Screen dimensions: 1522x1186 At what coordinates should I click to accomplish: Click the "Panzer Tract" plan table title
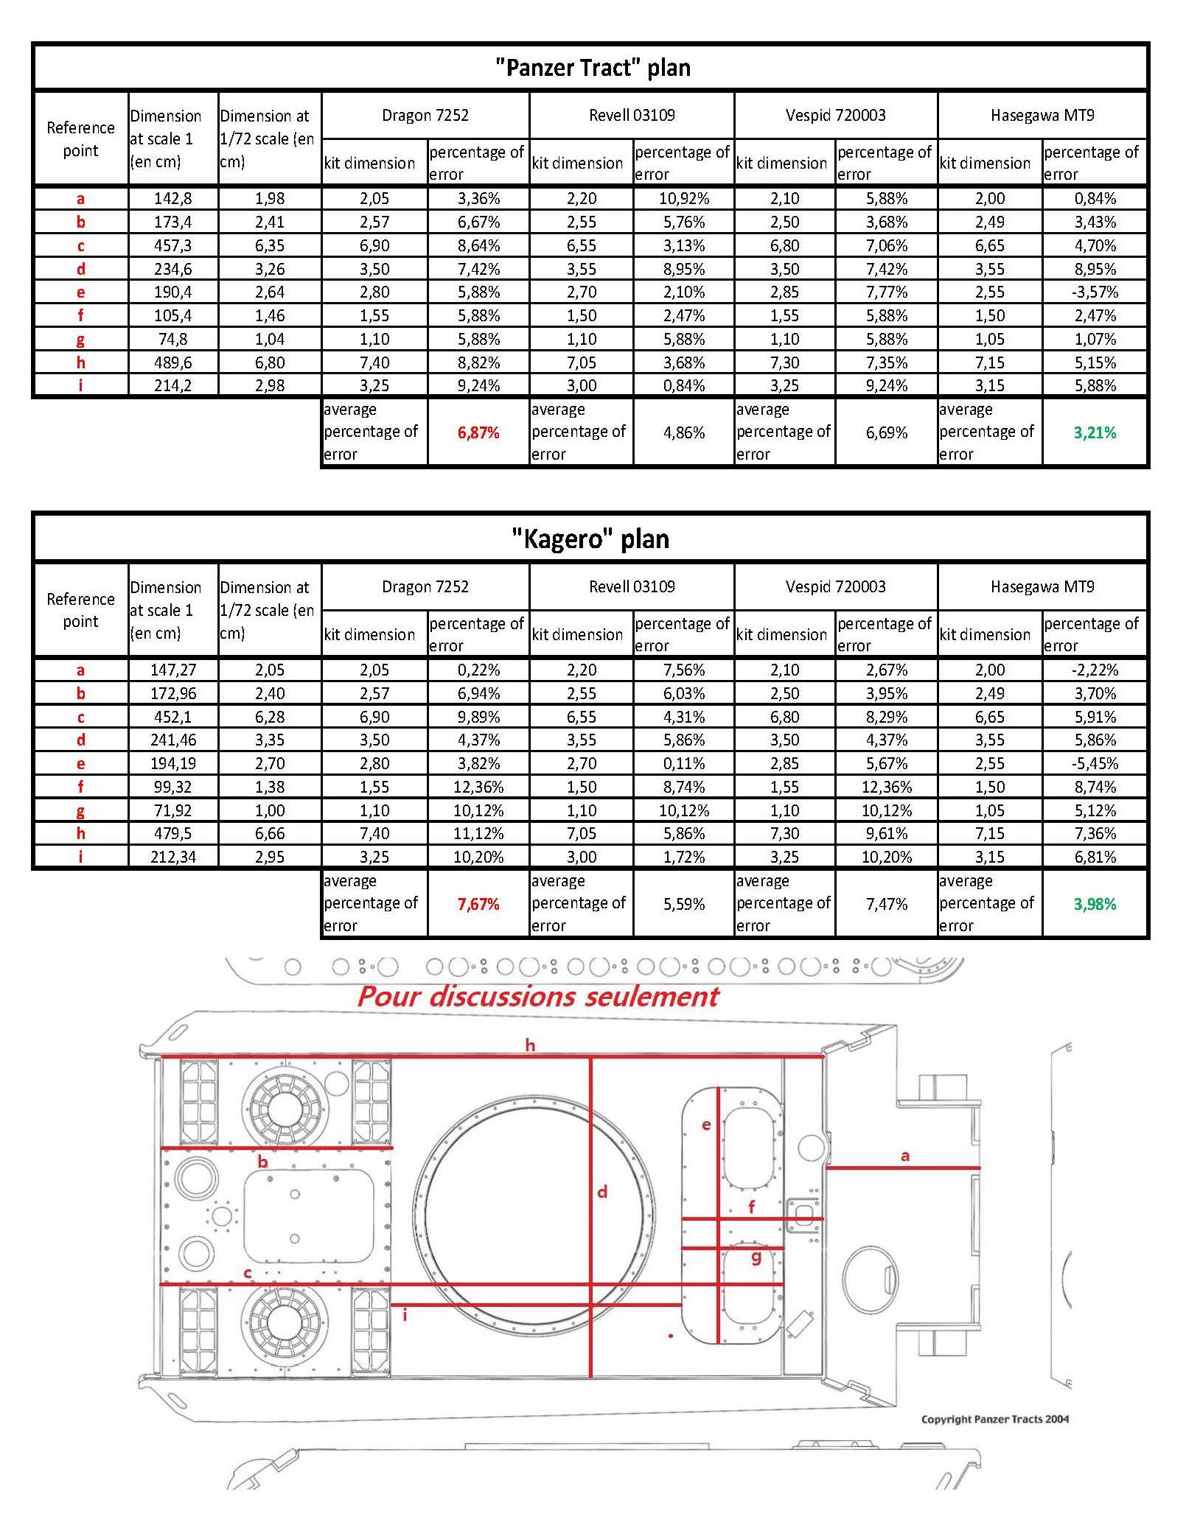593,68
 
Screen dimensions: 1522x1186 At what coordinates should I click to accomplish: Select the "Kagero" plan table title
591,539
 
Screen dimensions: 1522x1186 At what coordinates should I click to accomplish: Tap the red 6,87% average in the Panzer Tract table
478,432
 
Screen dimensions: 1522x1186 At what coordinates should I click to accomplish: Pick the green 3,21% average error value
1095,432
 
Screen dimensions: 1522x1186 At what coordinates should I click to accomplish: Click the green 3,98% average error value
1095,904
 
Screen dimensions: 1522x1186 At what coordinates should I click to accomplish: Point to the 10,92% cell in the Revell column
684,198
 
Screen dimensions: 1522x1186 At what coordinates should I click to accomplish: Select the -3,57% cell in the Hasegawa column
1095,292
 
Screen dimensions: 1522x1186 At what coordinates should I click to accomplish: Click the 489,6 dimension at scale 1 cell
172,362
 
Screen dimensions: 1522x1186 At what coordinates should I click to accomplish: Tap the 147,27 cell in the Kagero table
172,670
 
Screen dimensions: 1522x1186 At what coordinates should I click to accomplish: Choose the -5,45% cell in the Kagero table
1095,763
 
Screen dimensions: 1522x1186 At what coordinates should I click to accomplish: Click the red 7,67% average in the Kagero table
478,904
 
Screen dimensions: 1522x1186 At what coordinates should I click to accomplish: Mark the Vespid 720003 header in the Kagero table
835,586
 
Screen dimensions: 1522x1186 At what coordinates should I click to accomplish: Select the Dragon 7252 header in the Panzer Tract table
425,115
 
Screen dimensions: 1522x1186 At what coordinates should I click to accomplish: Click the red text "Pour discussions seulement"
538,997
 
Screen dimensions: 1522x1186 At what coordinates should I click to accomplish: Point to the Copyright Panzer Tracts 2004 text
994,1419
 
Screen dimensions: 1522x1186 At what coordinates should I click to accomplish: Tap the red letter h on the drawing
530,1045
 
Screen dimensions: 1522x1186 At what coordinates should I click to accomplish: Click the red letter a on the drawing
905,1156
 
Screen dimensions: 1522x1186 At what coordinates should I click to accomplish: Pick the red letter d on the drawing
602,1191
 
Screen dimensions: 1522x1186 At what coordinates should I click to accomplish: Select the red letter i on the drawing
405,1314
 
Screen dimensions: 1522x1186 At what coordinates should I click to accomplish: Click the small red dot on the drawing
670,1336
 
